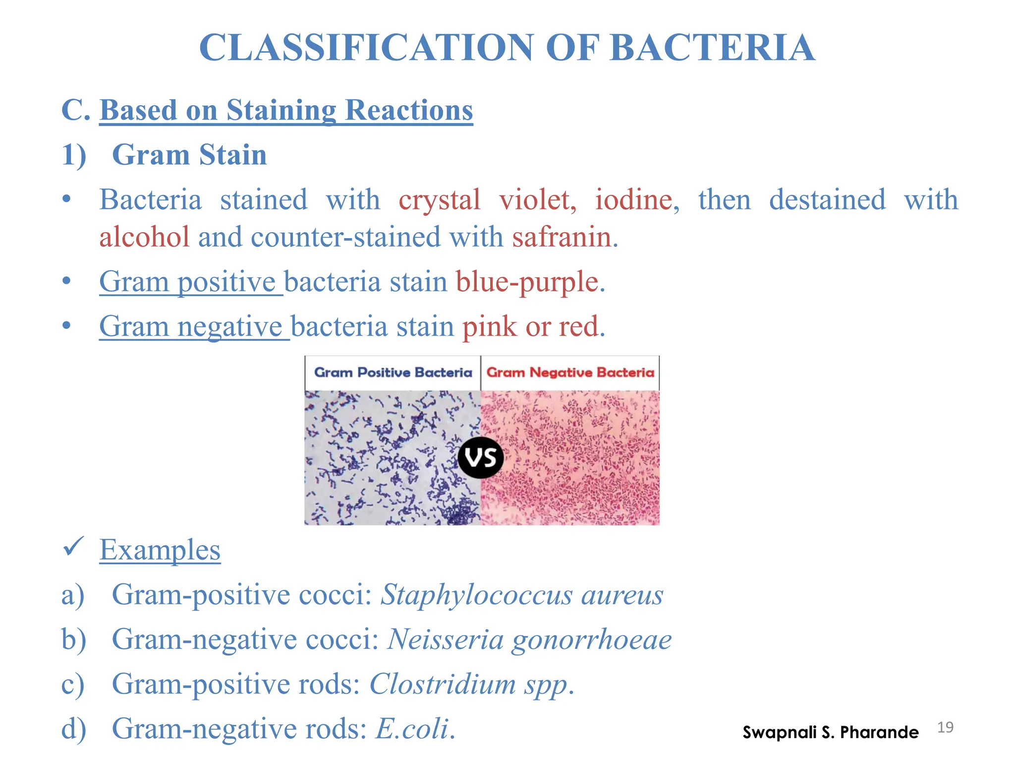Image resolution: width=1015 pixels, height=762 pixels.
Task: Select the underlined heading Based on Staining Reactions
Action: (286, 110)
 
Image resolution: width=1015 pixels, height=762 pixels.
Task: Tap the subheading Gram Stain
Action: (189, 155)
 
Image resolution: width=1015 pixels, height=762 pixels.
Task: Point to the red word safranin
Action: (562, 237)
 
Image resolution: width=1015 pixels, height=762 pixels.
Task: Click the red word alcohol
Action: (144, 237)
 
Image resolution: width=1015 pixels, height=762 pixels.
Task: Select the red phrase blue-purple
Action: (527, 282)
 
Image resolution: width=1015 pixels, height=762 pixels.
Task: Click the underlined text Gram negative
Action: (191, 326)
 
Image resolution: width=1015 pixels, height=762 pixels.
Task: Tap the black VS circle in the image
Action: (480, 457)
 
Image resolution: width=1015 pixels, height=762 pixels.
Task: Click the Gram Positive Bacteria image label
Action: (393, 373)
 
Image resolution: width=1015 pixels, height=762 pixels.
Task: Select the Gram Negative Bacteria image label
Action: (570, 373)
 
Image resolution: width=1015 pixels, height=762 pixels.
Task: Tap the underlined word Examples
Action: (160, 550)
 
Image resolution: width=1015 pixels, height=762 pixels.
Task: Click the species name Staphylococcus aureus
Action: (521, 595)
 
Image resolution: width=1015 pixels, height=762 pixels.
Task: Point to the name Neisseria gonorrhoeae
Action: (529, 639)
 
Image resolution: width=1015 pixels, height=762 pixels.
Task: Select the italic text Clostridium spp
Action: (471, 684)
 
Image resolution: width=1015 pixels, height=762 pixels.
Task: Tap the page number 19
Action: (945, 727)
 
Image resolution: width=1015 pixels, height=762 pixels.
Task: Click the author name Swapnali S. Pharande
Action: (830, 732)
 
